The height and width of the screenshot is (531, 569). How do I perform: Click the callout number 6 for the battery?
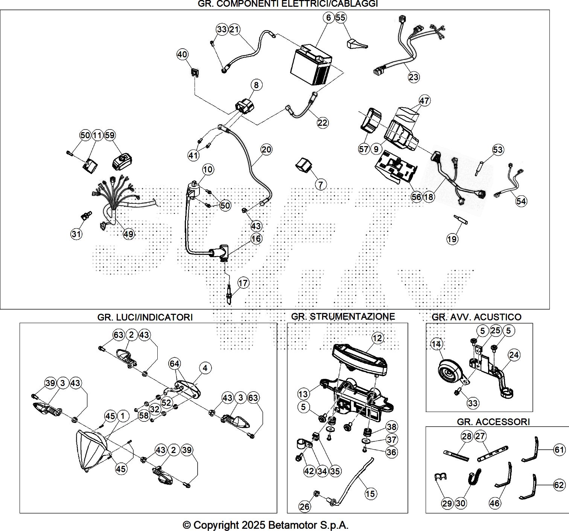click(x=329, y=18)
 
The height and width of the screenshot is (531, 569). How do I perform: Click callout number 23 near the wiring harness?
click(x=413, y=77)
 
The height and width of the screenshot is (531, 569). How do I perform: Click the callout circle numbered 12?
click(x=377, y=338)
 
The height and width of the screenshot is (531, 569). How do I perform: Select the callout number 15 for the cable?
click(x=370, y=493)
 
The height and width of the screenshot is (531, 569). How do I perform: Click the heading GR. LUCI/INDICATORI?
click(x=145, y=317)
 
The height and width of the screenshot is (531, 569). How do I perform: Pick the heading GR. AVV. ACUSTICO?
click(x=476, y=317)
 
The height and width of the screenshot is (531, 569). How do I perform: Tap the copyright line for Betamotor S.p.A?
click(x=265, y=525)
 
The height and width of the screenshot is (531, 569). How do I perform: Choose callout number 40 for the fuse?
click(x=183, y=55)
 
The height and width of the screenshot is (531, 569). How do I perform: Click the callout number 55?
click(x=341, y=18)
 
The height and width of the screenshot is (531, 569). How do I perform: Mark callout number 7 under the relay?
click(x=321, y=185)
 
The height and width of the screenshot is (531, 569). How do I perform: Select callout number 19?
click(x=452, y=239)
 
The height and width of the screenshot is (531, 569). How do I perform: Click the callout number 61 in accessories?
click(x=559, y=449)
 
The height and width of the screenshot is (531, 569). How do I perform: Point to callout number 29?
click(x=447, y=504)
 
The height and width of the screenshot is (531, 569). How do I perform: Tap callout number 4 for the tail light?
click(x=205, y=368)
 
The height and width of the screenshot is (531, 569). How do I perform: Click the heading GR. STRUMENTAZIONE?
click(x=343, y=316)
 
